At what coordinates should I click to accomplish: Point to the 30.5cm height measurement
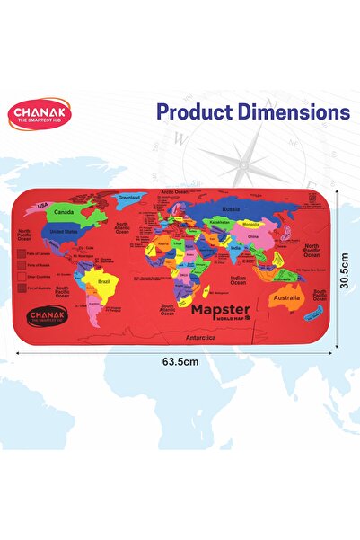[346, 269]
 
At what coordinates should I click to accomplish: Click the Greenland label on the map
[130, 196]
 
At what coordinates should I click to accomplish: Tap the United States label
[68, 230]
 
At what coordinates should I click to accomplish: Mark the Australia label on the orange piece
[286, 297]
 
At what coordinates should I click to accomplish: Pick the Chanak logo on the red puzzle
[47, 317]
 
